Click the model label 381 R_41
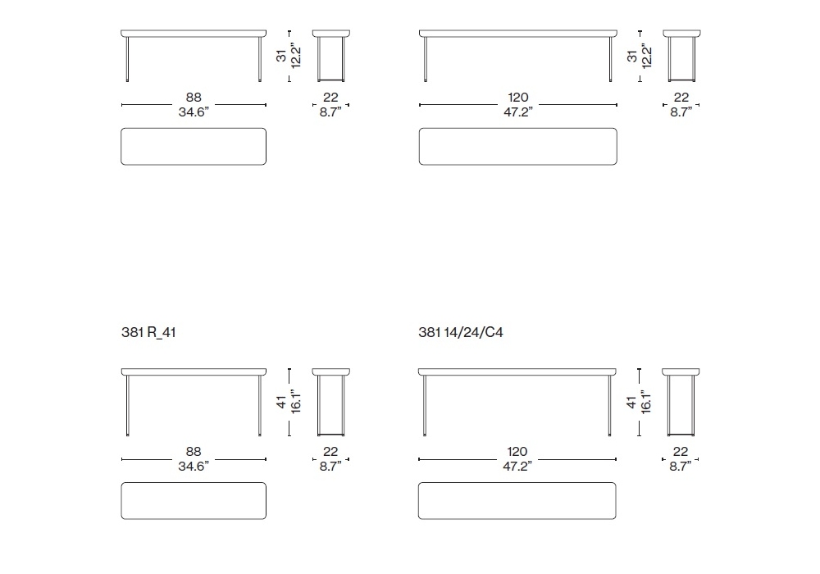point(148,332)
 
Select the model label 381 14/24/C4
point(461,332)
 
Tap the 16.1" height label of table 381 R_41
point(296,402)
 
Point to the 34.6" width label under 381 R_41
point(194,467)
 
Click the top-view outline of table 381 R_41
point(194,483)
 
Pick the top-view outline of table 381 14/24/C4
point(517,483)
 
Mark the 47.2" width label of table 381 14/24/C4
point(517,467)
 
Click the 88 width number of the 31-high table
point(194,98)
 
